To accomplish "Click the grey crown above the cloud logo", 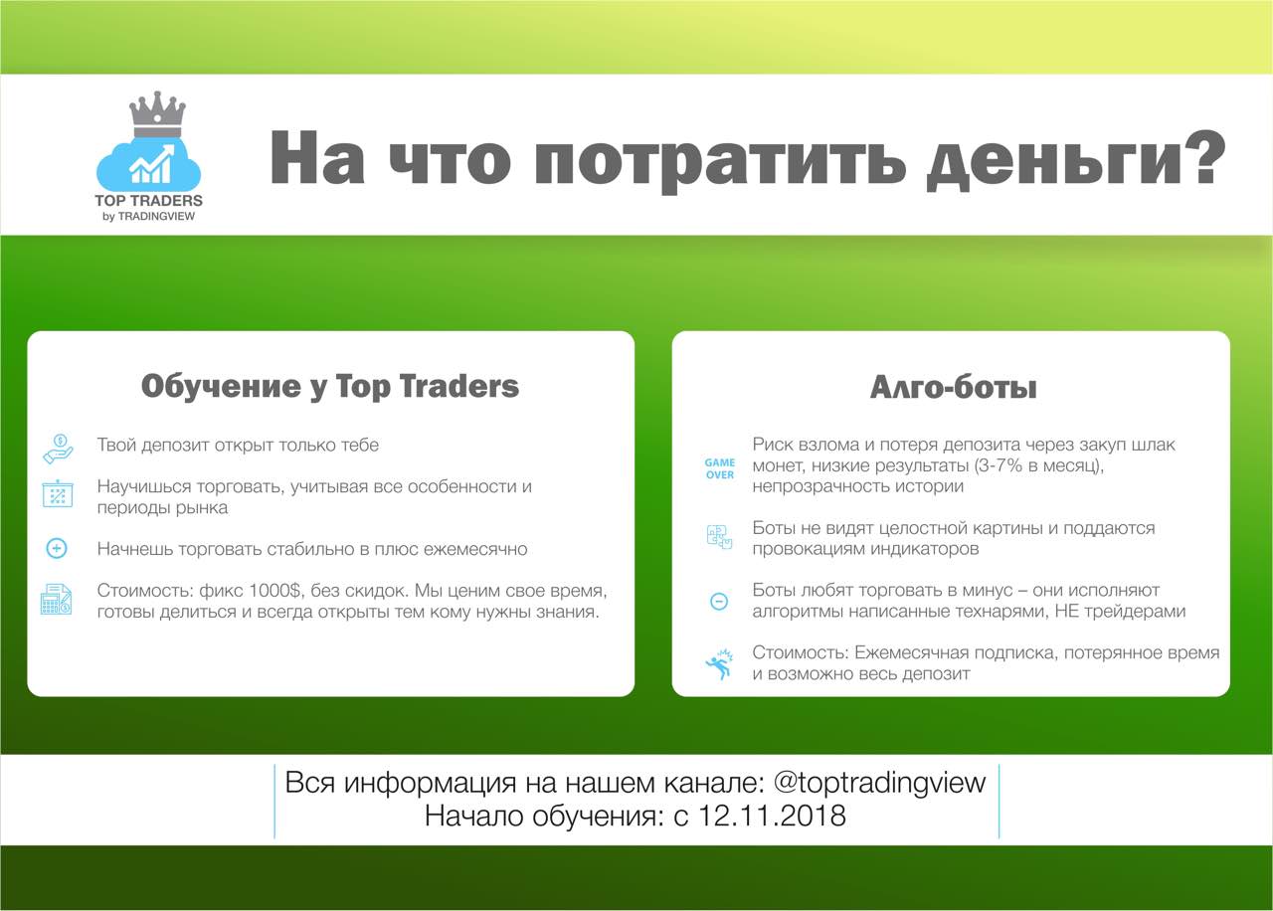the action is tap(157, 115).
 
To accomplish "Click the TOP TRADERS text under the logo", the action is tap(148, 201).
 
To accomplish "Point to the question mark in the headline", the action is tap(1208, 156).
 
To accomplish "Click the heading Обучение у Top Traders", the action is tap(330, 387).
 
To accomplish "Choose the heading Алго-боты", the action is tap(954, 388).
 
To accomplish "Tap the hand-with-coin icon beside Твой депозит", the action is tap(58, 449).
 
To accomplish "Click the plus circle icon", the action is tap(57, 548).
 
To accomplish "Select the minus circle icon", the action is tap(719, 601).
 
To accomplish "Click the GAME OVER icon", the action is tap(719, 468).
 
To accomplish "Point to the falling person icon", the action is tap(719, 664).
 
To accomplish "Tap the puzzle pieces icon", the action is tap(719, 537).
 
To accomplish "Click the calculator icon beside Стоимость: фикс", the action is tap(57, 599).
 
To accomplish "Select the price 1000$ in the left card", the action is tap(274, 591).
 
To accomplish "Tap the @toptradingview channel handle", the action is tap(879, 783).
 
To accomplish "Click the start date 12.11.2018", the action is tap(771, 817).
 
